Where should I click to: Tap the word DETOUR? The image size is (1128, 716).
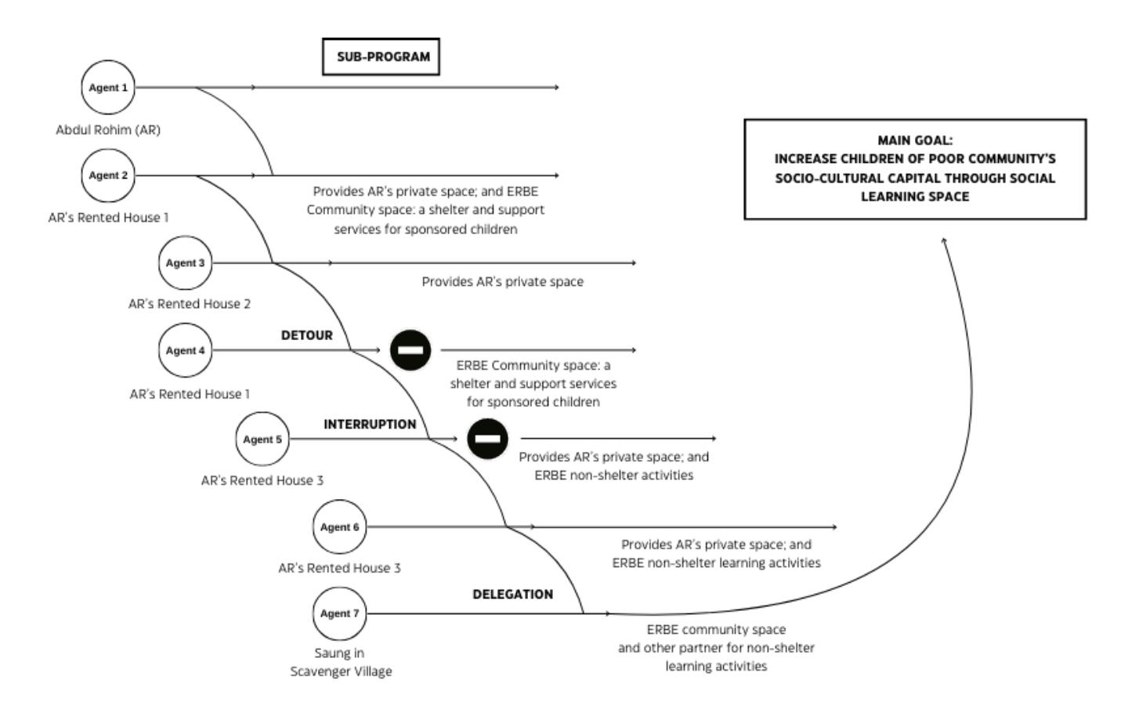coord(307,335)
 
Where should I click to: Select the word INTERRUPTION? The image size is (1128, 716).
coord(370,425)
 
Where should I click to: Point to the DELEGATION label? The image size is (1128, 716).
coord(512,594)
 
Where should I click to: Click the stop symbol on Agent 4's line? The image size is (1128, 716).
coord(410,350)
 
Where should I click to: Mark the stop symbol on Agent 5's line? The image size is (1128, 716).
coord(487,439)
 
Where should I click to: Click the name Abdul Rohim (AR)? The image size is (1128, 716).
coord(108,130)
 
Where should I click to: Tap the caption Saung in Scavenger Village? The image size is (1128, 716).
coord(341,662)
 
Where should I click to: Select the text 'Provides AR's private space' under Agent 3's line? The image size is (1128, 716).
coord(503,281)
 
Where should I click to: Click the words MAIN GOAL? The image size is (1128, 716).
coord(915,140)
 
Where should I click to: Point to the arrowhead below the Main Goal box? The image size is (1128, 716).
coord(944,240)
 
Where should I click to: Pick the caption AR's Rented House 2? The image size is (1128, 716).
coord(190,304)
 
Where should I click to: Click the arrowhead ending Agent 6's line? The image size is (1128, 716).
coord(834,527)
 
